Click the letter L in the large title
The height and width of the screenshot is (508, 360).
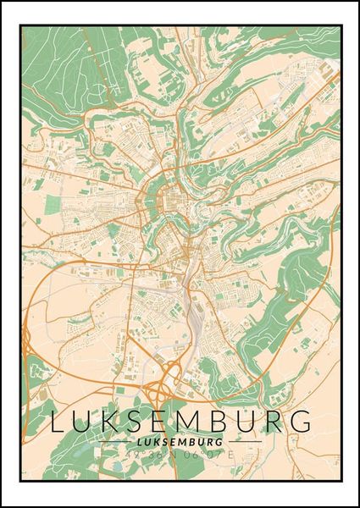click(61, 422)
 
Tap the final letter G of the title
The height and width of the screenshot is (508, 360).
click(301, 422)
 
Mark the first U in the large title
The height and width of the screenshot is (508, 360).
click(87, 422)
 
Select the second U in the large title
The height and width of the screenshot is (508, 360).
click(250, 422)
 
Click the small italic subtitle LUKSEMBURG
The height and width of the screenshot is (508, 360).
click(179, 442)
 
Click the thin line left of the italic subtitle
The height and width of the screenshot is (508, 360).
click(114, 442)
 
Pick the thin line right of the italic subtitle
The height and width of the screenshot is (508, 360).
click(245, 442)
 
